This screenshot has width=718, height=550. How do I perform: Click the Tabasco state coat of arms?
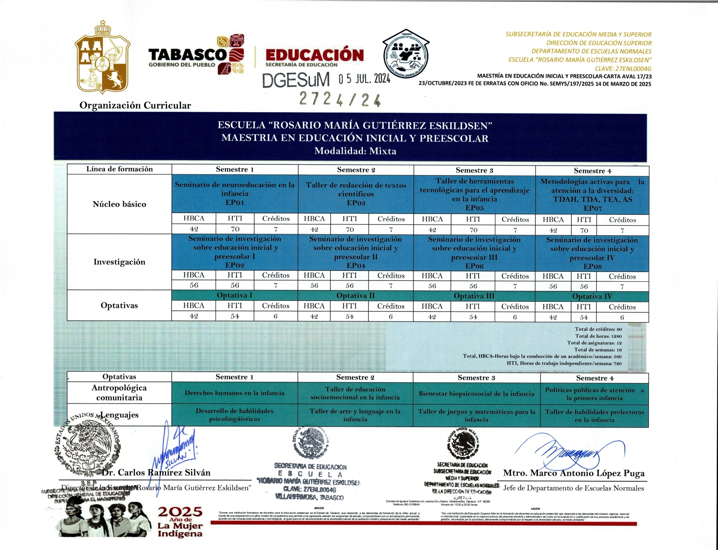[x=103, y=57]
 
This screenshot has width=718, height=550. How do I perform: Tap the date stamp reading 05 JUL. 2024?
[x=364, y=79]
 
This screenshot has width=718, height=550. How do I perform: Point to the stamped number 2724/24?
[x=340, y=100]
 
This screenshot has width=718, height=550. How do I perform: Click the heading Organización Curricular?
[x=135, y=105]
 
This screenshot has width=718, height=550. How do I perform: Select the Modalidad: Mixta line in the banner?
[x=355, y=151]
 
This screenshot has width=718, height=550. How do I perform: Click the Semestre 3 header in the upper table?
[x=474, y=170]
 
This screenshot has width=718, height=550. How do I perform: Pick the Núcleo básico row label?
[x=119, y=204]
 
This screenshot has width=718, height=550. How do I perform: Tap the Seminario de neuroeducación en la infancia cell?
[x=235, y=193]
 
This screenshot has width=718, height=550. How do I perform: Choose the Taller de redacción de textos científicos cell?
[x=356, y=194]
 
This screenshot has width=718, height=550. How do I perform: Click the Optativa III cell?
[x=474, y=296]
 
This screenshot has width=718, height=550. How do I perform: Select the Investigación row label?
[x=119, y=262]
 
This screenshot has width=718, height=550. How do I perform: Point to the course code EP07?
[x=593, y=208]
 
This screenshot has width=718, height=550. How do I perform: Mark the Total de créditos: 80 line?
[x=598, y=329]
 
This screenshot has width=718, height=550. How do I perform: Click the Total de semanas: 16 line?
[x=598, y=350]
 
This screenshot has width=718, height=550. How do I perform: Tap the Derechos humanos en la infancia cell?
[x=235, y=393]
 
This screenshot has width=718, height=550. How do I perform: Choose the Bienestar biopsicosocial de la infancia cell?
[x=476, y=393]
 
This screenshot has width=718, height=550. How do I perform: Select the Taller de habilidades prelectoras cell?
[x=594, y=416]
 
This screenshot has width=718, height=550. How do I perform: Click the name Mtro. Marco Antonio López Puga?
[x=574, y=473]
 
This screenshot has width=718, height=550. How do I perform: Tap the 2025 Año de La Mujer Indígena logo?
[x=180, y=522]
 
